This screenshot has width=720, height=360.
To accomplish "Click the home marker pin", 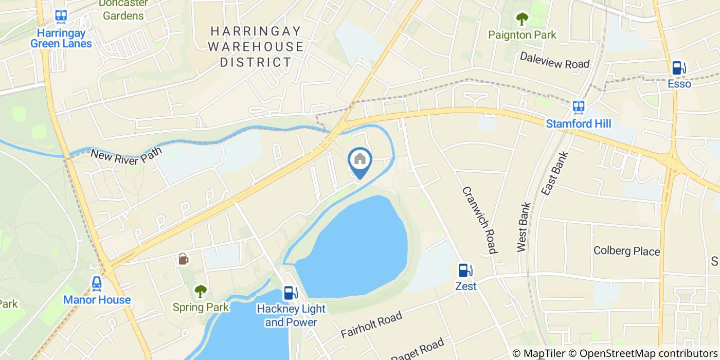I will tap(360, 160).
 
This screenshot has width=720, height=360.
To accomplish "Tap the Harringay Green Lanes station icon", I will tap(61, 16).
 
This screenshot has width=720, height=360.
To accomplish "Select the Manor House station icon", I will tap(97, 283).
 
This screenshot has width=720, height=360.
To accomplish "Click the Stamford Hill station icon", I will tap(579, 107).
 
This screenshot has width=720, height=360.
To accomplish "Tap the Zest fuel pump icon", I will tap(464, 270).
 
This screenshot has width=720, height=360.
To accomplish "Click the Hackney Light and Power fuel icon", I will tap(291, 293).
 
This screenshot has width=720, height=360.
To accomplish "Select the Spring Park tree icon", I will tap(200, 292).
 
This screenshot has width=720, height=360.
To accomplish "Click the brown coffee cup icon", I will tap(183, 259).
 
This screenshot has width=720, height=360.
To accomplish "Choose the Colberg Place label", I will tap(626, 251).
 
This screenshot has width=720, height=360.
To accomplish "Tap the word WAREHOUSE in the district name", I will tap(262, 47).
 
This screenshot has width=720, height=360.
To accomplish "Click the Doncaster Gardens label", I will tap(123, 10).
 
